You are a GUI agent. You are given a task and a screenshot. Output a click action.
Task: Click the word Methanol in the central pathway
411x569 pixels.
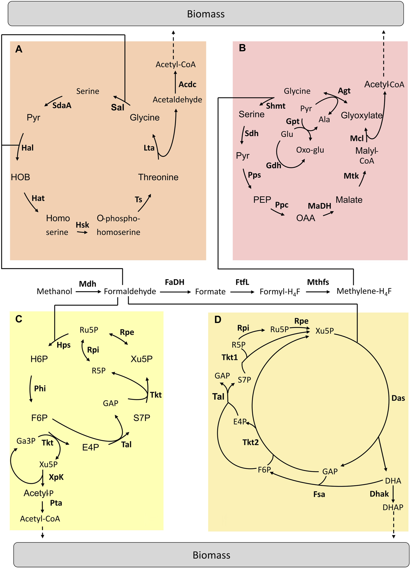coord(54,292)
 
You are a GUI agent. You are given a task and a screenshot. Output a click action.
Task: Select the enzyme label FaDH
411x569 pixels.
coord(174,282)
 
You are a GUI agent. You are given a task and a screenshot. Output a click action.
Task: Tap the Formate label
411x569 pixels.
coord(210,292)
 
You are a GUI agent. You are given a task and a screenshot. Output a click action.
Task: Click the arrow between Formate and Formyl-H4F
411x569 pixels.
coord(242,292)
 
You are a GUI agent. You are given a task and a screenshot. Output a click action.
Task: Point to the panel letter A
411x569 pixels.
coord(19,49)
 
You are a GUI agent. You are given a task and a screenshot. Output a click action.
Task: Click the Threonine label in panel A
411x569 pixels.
coord(158,177)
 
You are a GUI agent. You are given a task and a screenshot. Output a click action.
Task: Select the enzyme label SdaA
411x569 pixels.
coord(62,105)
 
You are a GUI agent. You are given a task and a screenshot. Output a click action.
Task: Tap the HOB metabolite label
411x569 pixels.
coord(20,177)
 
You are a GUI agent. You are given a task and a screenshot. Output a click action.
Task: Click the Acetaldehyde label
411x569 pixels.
coord(177,100)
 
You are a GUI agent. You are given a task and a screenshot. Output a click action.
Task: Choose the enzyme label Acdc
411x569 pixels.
coord(188,85)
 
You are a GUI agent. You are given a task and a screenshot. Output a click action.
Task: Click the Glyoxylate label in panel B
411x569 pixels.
coord(361,115)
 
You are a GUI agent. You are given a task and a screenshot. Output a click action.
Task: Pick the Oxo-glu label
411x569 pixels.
coord(310,150)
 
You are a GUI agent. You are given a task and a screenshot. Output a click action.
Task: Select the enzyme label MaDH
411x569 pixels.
coord(319,206)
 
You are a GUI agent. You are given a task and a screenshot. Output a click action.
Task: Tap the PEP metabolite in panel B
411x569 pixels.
coord(262,200)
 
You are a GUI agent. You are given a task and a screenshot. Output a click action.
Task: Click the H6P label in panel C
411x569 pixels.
coord(39,359)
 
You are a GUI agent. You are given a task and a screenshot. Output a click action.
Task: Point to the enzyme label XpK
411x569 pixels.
coord(56,477)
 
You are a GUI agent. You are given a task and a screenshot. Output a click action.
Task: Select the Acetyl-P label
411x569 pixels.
coord(38,493)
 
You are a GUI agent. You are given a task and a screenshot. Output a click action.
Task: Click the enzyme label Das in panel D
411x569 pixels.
coord(398,398)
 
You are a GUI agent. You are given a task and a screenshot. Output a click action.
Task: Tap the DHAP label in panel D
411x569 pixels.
coord(393,508)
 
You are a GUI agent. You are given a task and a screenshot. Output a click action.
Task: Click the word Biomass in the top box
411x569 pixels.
coord(206,14)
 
